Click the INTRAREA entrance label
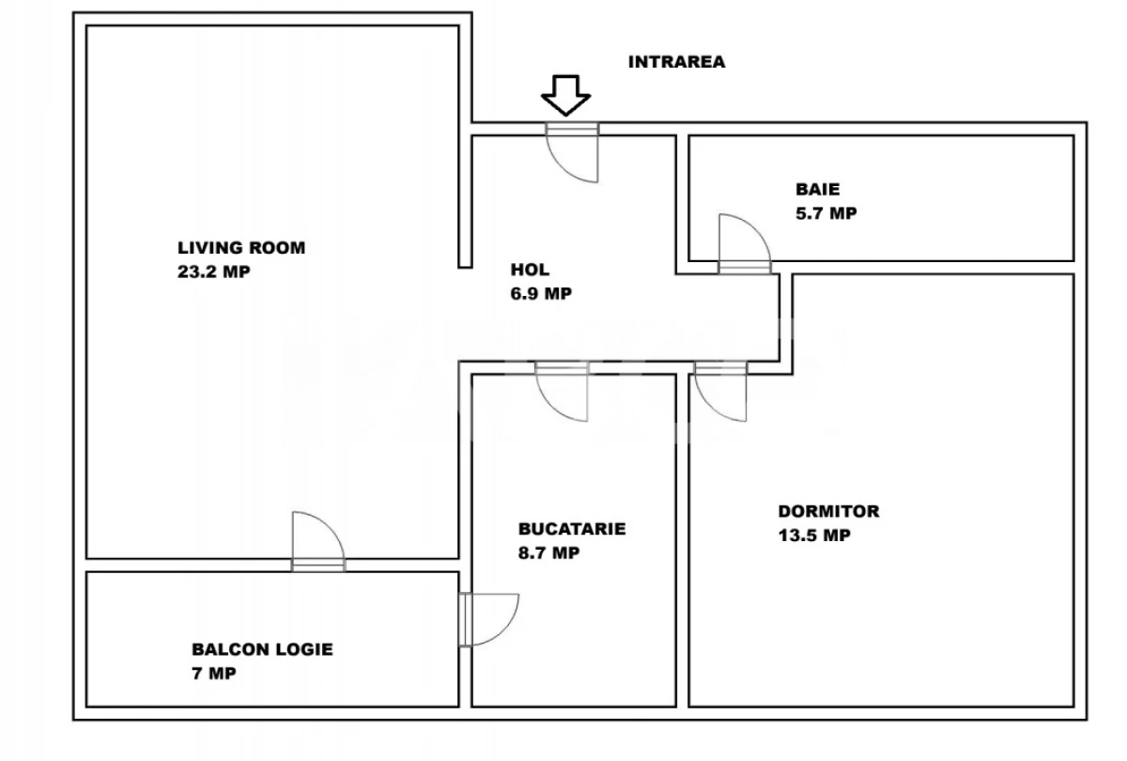pos(676,63)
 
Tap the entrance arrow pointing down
pos(566,96)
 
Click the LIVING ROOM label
pos(242,249)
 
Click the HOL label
pos(529,271)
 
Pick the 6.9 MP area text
pos(542,294)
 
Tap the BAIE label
pos(816,188)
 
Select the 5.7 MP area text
pos(826,213)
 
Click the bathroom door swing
pos(743,241)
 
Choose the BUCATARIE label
pos(572,530)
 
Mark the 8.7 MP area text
pos(549,553)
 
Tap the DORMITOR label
pos(828,512)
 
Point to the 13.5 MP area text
pos(814,536)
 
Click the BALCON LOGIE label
pos(262,649)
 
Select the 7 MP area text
pos(214,674)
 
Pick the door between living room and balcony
pos(317,542)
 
